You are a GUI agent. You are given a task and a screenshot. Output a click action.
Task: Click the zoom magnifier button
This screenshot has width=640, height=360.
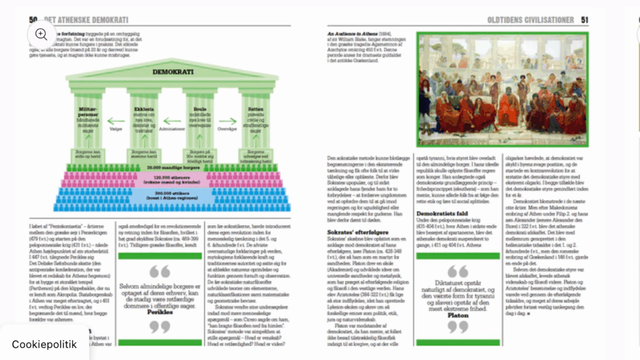point(41,34)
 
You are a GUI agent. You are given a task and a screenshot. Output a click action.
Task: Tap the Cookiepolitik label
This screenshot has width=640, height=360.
point(44,344)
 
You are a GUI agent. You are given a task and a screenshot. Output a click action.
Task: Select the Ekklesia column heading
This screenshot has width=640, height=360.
point(144,108)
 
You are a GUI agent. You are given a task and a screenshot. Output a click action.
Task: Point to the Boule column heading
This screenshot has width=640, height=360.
point(200,108)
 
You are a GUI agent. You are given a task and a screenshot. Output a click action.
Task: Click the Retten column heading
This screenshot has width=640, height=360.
point(255,108)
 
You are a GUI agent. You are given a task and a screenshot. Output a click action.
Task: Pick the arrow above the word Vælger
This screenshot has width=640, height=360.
point(116,121)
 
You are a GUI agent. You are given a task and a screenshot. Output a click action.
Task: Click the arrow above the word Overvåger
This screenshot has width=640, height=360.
point(227,121)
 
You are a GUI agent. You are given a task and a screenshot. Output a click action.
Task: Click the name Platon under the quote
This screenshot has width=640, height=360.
point(457,316)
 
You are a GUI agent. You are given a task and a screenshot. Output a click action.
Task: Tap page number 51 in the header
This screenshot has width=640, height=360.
point(585,20)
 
